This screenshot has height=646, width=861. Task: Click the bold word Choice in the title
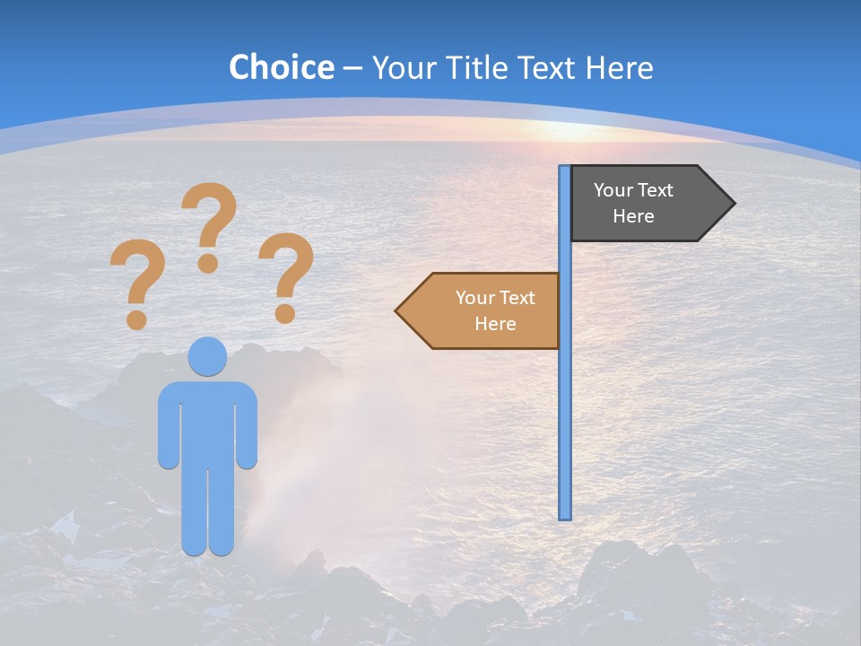tap(281, 67)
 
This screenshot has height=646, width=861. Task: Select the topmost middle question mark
tap(210, 221)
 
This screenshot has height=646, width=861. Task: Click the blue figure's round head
tap(207, 356)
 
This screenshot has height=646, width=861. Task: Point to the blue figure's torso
tap(207, 422)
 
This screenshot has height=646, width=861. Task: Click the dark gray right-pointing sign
tap(641, 204)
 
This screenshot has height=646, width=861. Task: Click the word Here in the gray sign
tap(633, 216)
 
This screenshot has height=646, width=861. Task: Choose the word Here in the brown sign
tap(495, 324)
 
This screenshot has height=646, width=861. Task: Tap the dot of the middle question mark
tap(208, 263)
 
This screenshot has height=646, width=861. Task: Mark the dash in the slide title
tap(352, 68)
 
